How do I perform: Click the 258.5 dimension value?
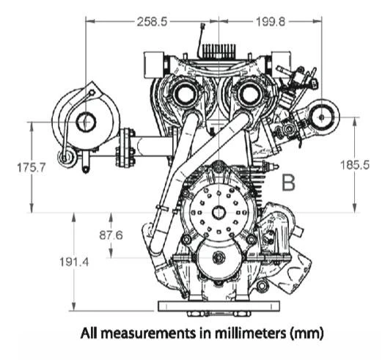pos(152,22)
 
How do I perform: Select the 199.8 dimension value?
pos(271,22)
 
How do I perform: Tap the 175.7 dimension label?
pos(32,168)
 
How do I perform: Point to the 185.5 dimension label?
pos(355,165)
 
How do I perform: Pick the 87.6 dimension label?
pos(111,235)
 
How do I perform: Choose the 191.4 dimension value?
pos(74,262)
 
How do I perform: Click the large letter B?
pos(288,183)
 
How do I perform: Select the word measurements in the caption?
pos(148,334)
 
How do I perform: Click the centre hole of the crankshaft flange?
pos(218,213)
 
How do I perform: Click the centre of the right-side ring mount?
pos(322,117)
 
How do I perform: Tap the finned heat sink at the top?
pos(219,51)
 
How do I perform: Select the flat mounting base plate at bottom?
pos(218,306)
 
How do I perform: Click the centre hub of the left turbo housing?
pos(86,122)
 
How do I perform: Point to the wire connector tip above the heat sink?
pos(202,25)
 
